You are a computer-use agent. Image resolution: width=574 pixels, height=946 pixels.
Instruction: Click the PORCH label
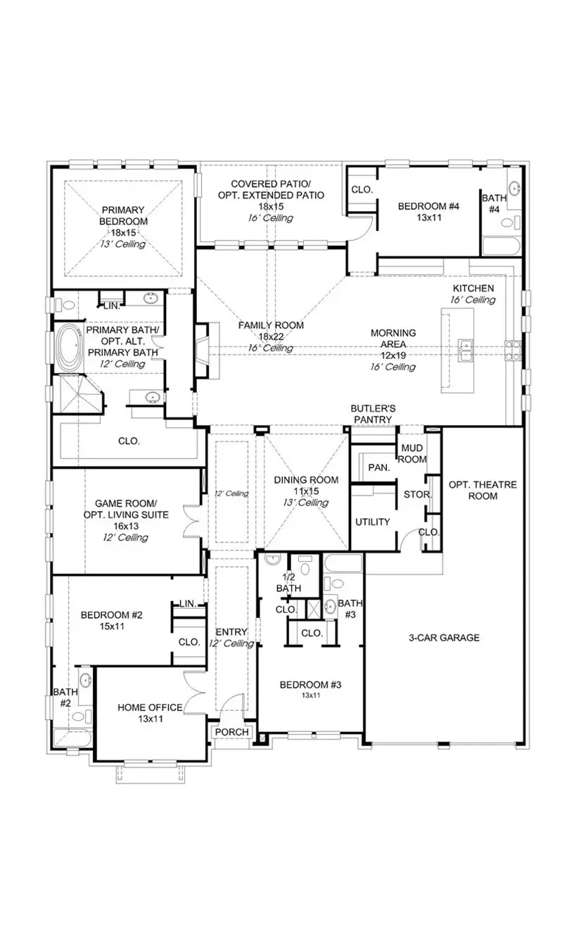click(x=231, y=732)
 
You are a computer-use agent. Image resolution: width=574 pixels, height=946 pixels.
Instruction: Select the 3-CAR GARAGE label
click(x=444, y=638)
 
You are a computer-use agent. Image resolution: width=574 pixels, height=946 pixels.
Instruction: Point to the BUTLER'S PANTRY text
click(x=373, y=414)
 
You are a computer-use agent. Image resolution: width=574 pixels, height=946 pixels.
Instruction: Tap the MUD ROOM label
click(x=412, y=454)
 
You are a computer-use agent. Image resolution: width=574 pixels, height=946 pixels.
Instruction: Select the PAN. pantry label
click(x=378, y=467)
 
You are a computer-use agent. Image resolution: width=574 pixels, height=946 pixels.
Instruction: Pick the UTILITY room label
click(x=372, y=522)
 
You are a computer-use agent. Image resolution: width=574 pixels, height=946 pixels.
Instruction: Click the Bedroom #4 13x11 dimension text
click(x=428, y=218)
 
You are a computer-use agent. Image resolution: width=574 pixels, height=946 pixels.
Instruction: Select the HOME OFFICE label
click(x=150, y=707)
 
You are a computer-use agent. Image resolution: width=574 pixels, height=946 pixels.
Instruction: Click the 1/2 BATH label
click(x=288, y=583)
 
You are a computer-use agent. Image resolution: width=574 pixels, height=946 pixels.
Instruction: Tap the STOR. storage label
click(x=417, y=494)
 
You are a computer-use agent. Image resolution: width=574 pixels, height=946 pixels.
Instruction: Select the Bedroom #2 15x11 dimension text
click(x=111, y=626)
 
